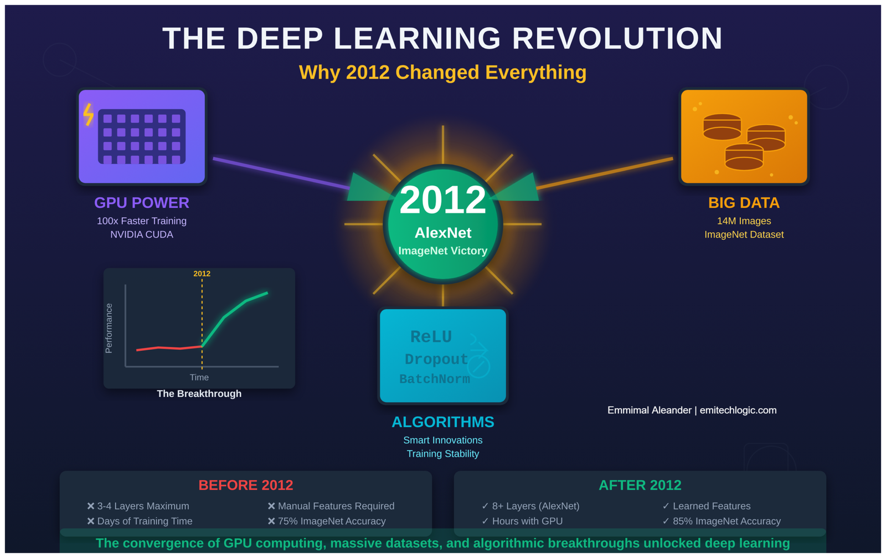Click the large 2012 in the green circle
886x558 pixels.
[x=442, y=200]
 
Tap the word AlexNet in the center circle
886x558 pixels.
[x=442, y=233]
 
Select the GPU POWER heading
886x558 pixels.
[x=142, y=203]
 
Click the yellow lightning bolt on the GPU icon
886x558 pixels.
[x=89, y=115]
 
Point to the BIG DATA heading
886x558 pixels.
[x=744, y=203]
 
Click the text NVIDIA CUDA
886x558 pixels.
[x=142, y=234]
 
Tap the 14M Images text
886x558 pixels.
[x=744, y=221]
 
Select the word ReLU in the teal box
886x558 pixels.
[x=431, y=337]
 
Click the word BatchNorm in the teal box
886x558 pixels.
[x=434, y=379]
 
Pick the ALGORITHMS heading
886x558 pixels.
[x=442, y=422]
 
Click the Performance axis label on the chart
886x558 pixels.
[x=109, y=328]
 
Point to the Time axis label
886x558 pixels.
[x=199, y=377]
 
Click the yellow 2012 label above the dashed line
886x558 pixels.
[x=202, y=274]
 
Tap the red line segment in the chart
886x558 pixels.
[x=169, y=348]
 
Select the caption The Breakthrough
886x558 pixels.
[x=199, y=393]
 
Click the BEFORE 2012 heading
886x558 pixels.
[x=246, y=485]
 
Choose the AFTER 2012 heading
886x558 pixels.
[x=640, y=485]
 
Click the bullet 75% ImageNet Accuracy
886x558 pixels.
[x=327, y=521]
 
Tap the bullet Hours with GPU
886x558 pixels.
[x=522, y=521]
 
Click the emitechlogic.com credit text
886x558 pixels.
[x=738, y=410]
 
